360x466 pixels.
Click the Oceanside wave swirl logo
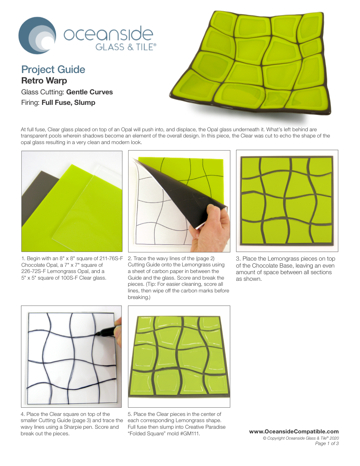pyautogui.click(x=37, y=35)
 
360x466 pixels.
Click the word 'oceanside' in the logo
pyautogui.click(x=108, y=34)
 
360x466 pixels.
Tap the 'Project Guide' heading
pyautogui.click(x=53, y=70)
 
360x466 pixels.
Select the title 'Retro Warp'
pyautogui.click(x=44, y=81)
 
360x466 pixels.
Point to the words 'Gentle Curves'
pyautogui.click(x=89, y=92)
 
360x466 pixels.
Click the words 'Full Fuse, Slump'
pyautogui.click(x=68, y=103)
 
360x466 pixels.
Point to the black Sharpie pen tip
pyautogui.click(x=97, y=334)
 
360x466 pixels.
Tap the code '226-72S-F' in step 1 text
pyautogui.click(x=33, y=271)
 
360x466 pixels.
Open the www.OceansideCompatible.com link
pyautogui.click(x=294, y=431)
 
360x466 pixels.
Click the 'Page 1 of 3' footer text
pyautogui.click(x=327, y=443)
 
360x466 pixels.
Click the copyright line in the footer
pyautogui.click(x=301, y=438)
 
